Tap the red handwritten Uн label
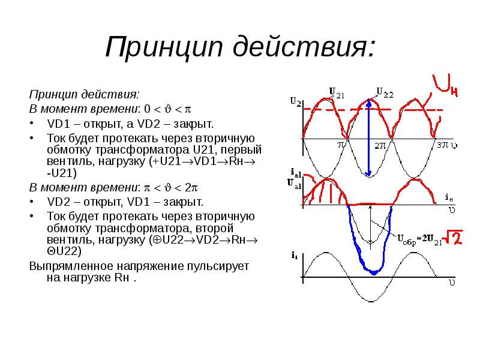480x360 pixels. (445, 85)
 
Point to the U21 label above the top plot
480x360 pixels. (337, 93)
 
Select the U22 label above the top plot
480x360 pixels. (385, 92)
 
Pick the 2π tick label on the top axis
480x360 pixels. (380, 145)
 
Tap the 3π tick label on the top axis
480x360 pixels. (443, 145)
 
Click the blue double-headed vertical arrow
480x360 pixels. (369, 137)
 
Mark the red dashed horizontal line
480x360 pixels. (373, 110)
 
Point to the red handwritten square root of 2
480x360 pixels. (454, 238)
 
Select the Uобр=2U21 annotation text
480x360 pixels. (420, 239)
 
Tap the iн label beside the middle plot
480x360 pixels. (448, 198)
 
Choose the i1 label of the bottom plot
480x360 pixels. (295, 255)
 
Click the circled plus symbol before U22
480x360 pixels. (157, 240)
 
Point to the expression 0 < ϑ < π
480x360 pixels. (167, 109)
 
